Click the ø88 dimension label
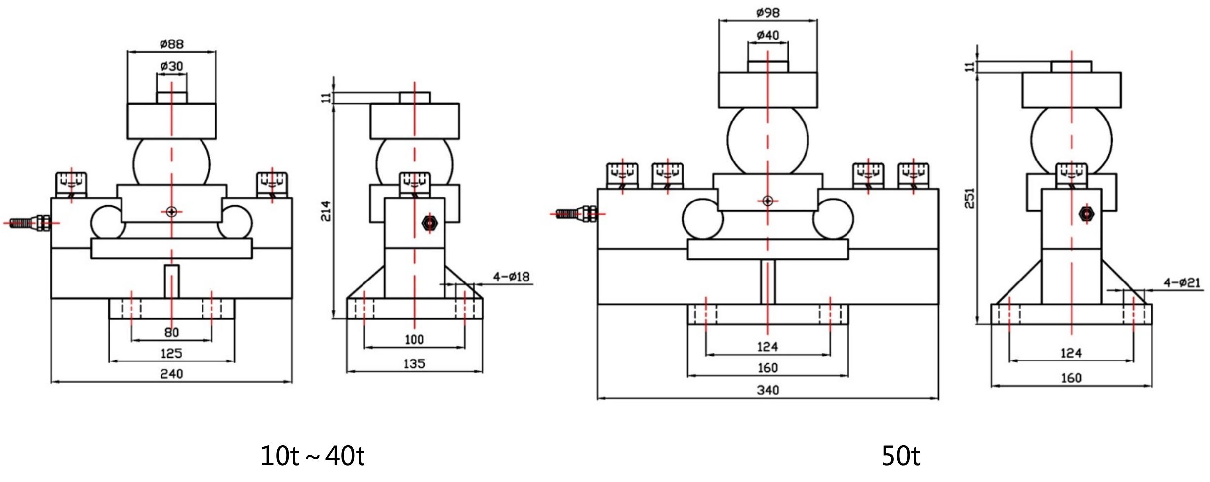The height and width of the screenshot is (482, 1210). tap(171, 44)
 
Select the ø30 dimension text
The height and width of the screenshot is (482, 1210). tap(171, 66)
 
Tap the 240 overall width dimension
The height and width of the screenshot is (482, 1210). tap(171, 374)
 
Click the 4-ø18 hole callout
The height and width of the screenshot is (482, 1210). tap(511, 277)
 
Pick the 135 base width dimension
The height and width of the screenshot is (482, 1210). tap(414, 363)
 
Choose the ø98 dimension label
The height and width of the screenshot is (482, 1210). tap(767, 12)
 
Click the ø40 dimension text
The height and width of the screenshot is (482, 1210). tap(767, 35)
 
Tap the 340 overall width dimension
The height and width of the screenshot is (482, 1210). tap(767, 390)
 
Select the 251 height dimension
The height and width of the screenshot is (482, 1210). tap(970, 198)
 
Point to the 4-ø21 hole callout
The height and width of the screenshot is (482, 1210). tap(1181, 283)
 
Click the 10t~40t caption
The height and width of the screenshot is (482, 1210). tap(312, 455)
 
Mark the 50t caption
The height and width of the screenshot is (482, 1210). tap(900, 455)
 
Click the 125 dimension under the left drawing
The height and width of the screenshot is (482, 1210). tap(171, 353)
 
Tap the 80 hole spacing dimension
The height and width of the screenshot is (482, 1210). tap(171, 332)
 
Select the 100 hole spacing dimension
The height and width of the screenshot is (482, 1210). tap(414, 339)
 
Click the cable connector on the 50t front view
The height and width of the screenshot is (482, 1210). tap(575, 214)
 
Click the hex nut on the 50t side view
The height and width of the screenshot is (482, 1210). tap(1087, 214)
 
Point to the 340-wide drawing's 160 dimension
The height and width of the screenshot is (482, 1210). tap(767, 368)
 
